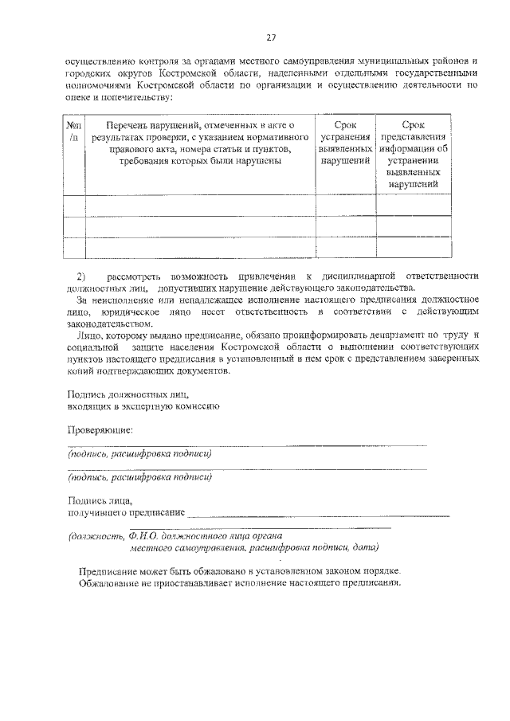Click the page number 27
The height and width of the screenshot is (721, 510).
click(x=270, y=37)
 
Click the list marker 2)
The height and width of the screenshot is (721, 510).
click(x=80, y=275)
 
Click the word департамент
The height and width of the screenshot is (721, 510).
click(x=382, y=337)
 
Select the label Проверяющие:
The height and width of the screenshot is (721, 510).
click(x=100, y=430)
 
